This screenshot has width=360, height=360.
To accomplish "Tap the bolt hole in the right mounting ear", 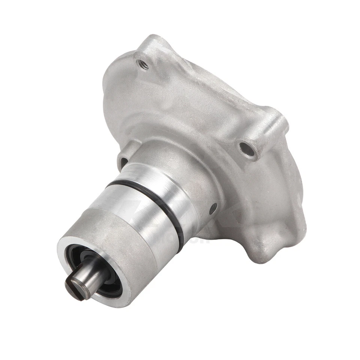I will [245, 148].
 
